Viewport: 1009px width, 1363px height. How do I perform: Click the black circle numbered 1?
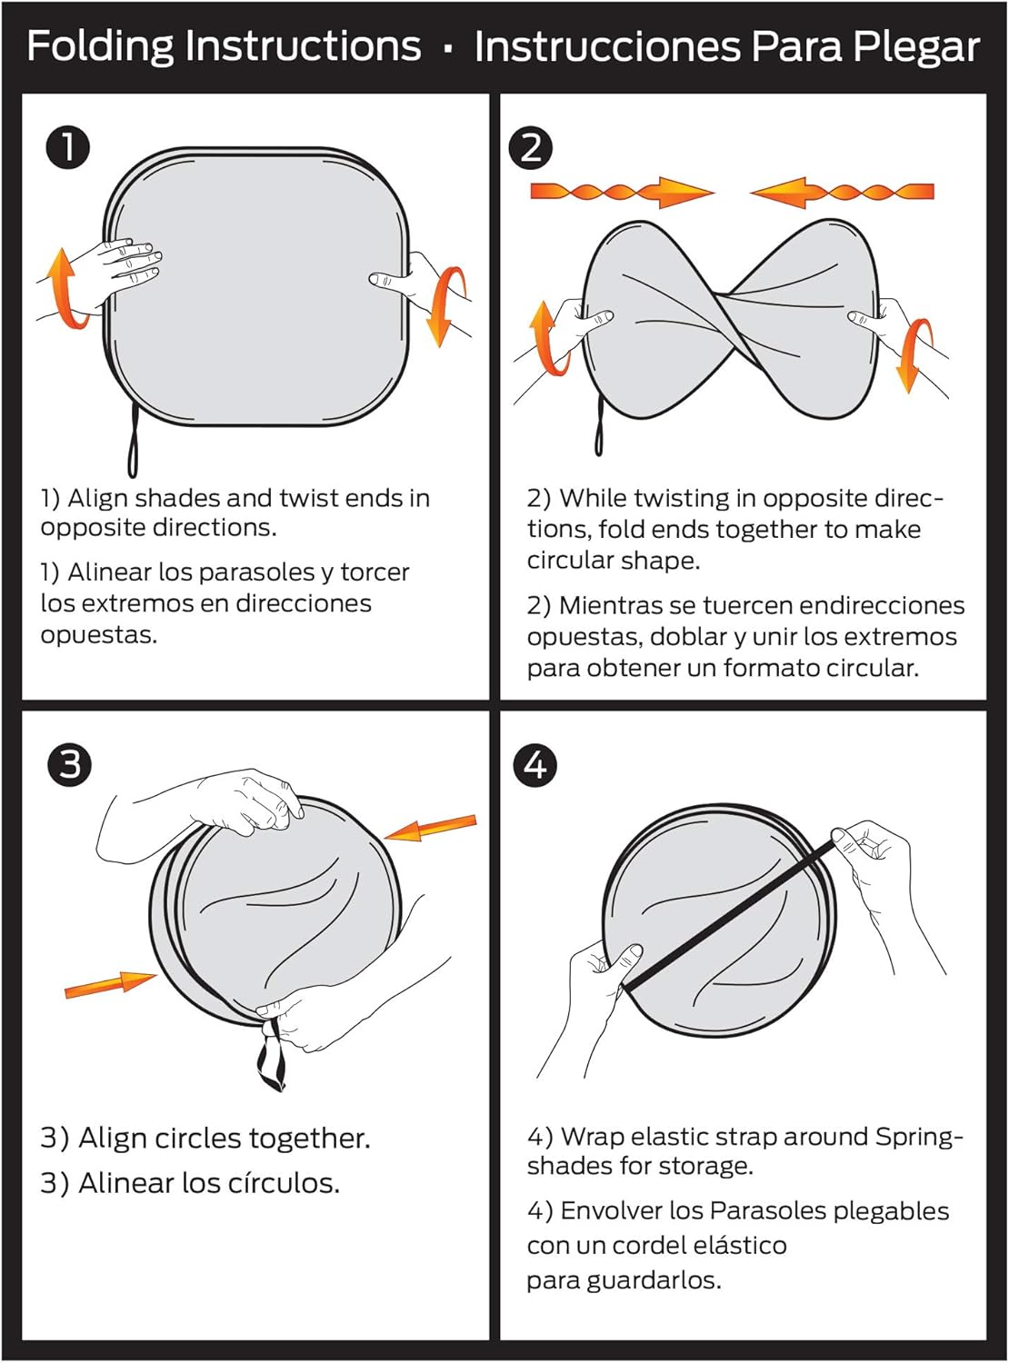(x=67, y=148)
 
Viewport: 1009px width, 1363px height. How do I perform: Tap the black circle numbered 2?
(x=531, y=148)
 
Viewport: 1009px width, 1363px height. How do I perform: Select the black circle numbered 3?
(x=69, y=765)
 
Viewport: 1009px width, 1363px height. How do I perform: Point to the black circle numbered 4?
(x=534, y=765)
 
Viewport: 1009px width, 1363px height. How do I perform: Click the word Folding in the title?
(x=100, y=46)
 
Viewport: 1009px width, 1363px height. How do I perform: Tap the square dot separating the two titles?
(x=447, y=48)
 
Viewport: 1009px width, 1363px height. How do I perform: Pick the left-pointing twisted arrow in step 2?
(x=843, y=192)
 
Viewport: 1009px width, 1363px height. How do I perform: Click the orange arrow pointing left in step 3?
(x=430, y=828)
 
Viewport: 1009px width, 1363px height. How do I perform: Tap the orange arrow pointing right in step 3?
(x=111, y=984)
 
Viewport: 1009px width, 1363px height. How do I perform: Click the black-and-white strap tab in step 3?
(x=271, y=1058)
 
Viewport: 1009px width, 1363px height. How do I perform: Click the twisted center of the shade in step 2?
(x=729, y=307)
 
